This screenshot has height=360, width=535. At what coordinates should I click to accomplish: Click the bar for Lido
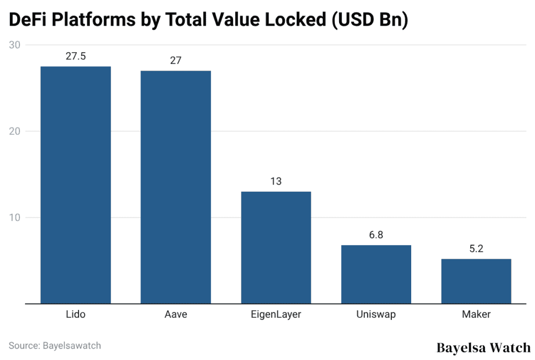(x=76, y=185)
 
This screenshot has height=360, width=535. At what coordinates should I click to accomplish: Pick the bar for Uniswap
(x=376, y=274)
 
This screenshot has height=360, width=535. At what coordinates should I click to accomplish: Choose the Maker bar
(x=476, y=281)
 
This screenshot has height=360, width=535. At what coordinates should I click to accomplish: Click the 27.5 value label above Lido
(x=76, y=56)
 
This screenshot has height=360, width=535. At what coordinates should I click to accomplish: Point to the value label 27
(x=176, y=61)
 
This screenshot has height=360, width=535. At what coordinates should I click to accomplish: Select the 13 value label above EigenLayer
(x=276, y=181)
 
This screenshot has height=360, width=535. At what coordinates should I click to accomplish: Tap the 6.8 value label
(x=376, y=235)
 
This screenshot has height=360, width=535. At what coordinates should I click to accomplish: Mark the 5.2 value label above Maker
(x=476, y=249)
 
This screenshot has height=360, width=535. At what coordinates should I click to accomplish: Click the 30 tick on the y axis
(x=15, y=45)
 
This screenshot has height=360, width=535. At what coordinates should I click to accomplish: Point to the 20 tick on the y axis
(x=15, y=131)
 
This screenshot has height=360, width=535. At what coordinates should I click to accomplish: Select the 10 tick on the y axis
(x=15, y=217)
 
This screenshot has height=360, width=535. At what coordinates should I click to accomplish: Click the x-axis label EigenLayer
(x=276, y=315)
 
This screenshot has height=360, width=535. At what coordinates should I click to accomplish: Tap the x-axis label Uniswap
(x=376, y=315)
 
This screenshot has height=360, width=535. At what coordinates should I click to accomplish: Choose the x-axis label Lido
(x=76, y=315)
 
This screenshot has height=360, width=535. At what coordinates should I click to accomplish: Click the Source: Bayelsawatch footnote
(x=55, y=345)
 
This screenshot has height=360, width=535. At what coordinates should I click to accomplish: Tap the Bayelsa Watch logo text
(x=483, y=347)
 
